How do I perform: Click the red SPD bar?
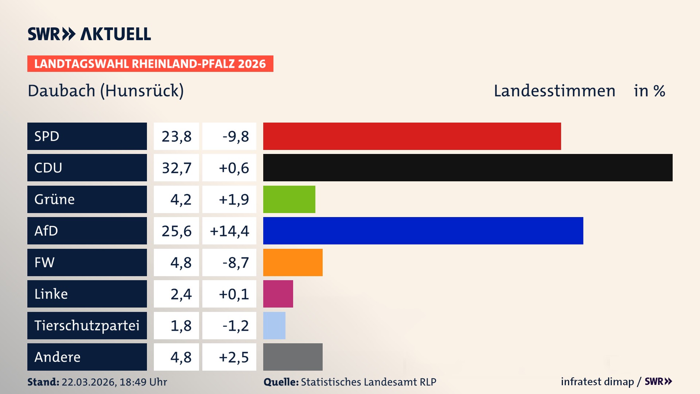pyautogui.click(x=412, y=136)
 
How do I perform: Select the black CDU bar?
pyautogui.click(x=468, y=168)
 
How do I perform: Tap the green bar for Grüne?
pyautogui.click(x=289, y=199)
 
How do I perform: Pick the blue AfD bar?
pyautogui.click(x=423, y=231)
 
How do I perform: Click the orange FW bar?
pyautogui.click(x=293, y=262)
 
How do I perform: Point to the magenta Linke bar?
pyautogui.click(x=278, y=294)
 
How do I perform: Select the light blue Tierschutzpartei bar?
pyautogui.click(x=274, y=325)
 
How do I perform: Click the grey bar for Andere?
pyautogui.click(x=293, y=357)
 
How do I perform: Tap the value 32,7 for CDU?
pyautogui.click(x=176, y=168)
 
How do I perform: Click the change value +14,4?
pyautogui.click(x=229, y=231)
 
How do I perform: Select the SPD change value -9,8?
pyautogui.click(x=236, y=136)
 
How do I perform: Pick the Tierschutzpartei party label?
pyautogui.click(x=87, y=325)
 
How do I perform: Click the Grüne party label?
pyautogui.click(x=55, y=199)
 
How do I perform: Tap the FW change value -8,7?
pyautogui.click(x=236, y=263)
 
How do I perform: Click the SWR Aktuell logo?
pyautogui.click(x=89, y=34)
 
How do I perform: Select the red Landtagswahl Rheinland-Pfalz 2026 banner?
pyautogui.click(x=150, y=64)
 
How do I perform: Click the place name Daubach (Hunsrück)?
pyautogui.click(x=106, y=91)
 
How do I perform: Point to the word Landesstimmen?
pyautogui.click(x=554, y=91)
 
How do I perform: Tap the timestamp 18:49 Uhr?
pyautogui.click(x=143, y=382)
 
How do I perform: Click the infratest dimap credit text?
pyautogui.click(x=597, y=382)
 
